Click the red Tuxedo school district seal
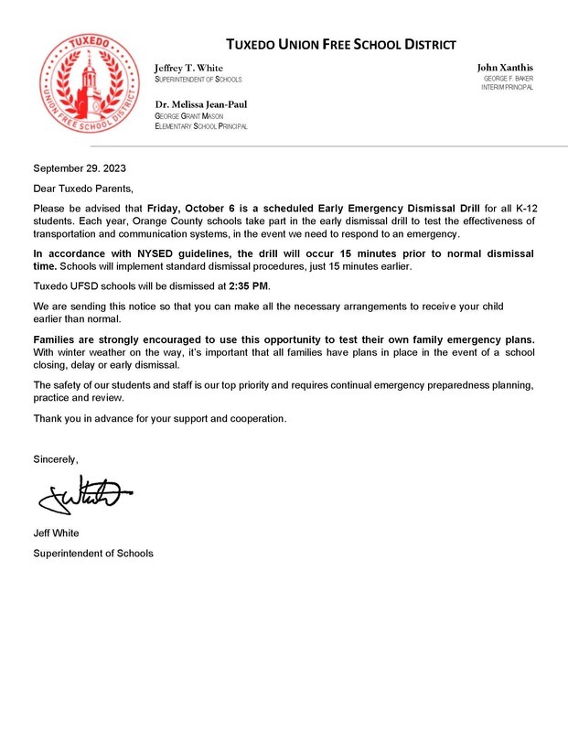coord(88,85)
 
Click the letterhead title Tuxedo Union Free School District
coord(340,45)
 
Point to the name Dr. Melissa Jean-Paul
coord(201,103)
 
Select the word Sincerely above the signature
coord(56,457)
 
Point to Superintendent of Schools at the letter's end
coord(93,554)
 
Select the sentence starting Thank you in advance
coord(160,418)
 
